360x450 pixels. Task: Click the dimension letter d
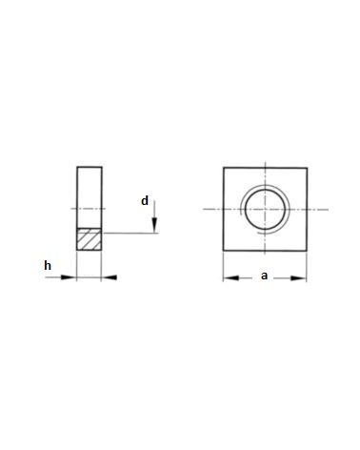point(145,201)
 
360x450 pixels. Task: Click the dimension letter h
point(48,265)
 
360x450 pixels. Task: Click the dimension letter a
point(264,276)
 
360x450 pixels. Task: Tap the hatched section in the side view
point(90,239)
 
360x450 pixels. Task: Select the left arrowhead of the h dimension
point(69,277)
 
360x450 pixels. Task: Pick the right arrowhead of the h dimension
point(110,277)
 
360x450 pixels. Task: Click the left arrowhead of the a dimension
point(231,278)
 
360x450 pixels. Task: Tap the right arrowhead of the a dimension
point(298,278)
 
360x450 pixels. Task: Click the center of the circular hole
point(265,210)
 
